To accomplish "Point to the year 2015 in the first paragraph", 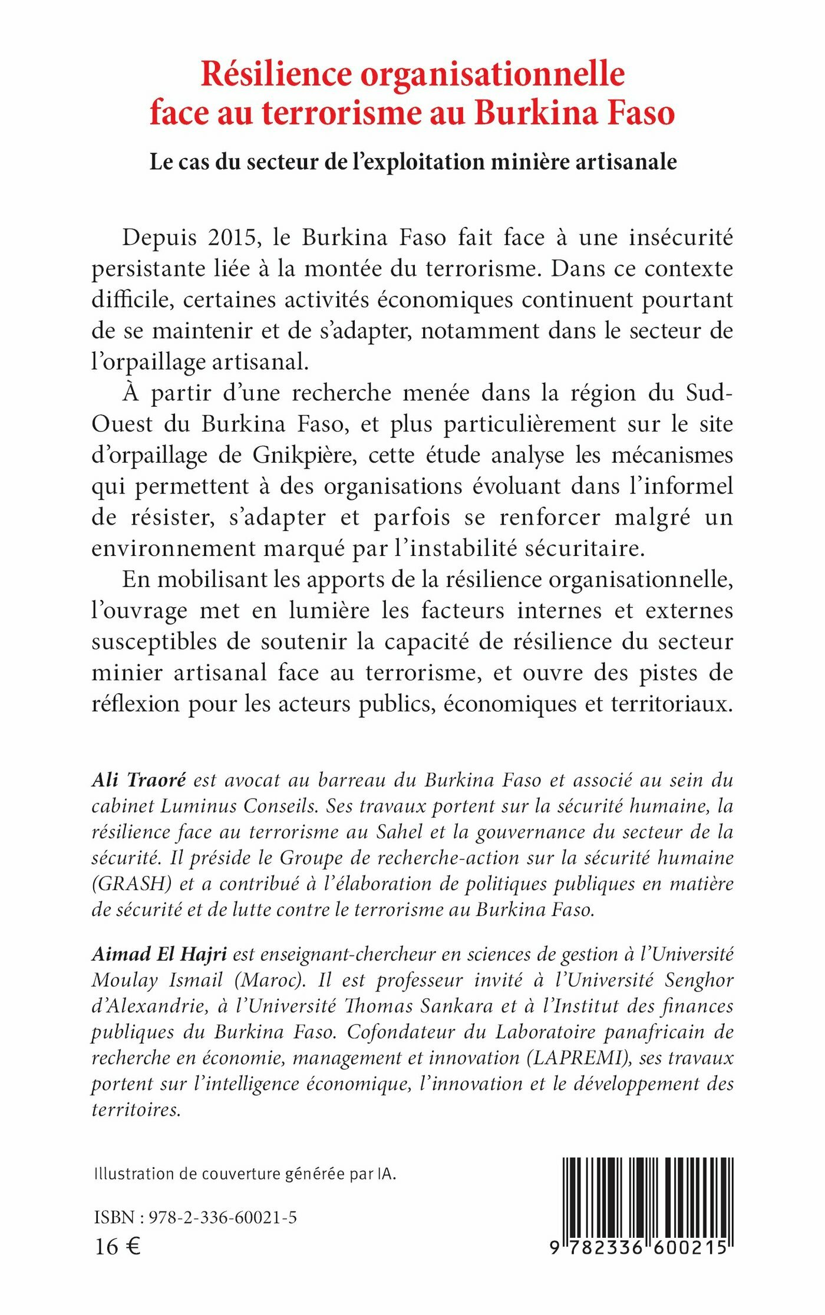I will point(232,238).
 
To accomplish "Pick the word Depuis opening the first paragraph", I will point(159,238).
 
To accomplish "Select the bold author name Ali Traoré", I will point(139,780).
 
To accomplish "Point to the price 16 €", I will point(117,1246).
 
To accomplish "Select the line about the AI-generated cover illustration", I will point(245,1174).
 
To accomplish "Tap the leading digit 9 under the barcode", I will point(555,1248).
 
